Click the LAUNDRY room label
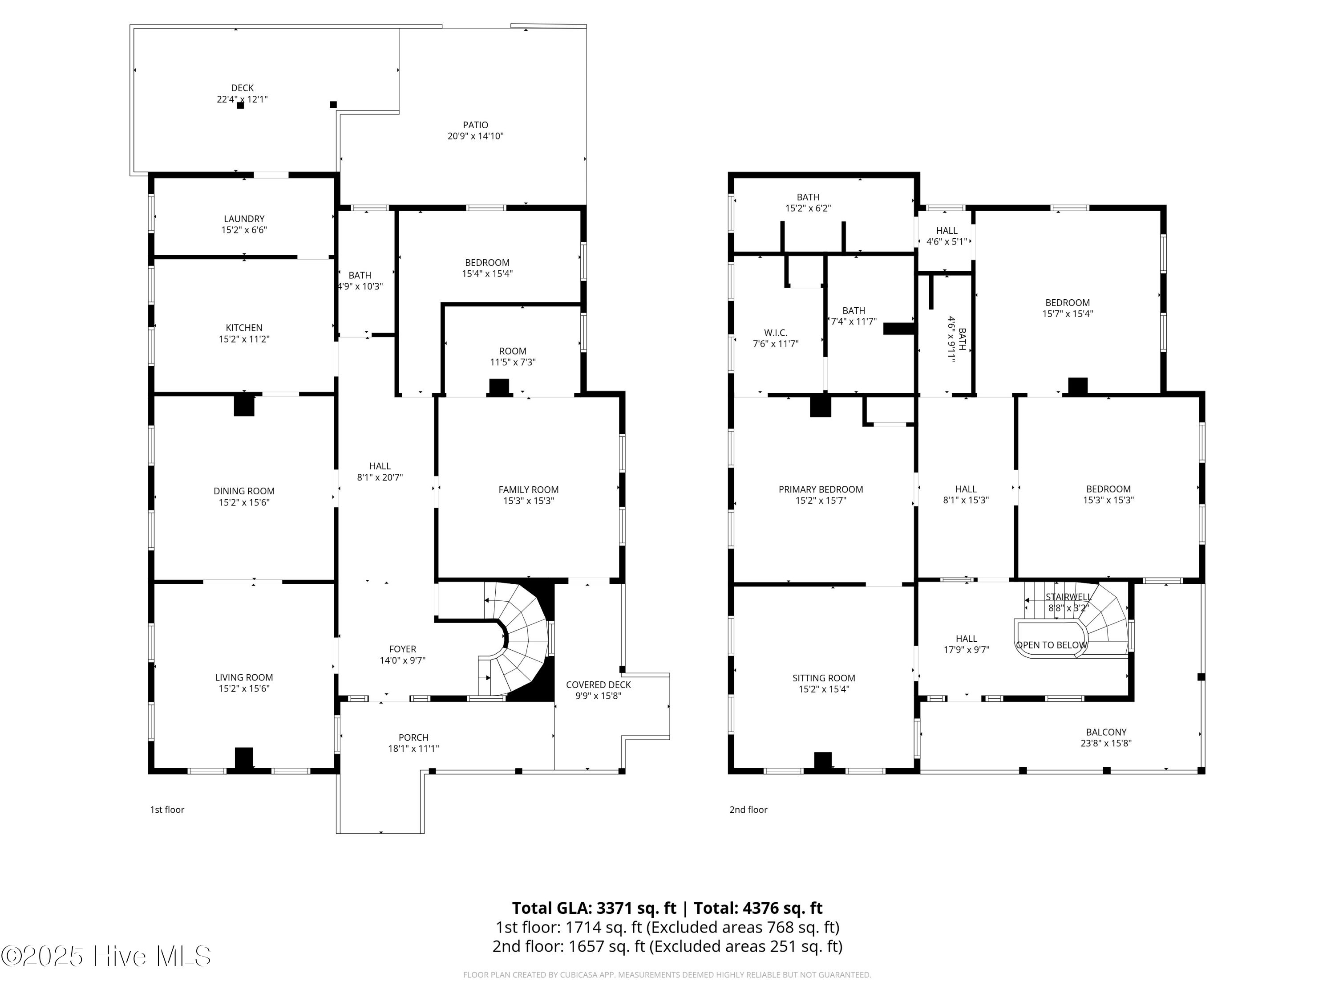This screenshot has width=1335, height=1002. coord(244,219)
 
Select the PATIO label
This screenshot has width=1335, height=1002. coord(476,125)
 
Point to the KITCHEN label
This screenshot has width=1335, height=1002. coord(244,328)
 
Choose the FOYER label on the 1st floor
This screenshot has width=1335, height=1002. coord(403,649)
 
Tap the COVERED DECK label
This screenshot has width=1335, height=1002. coord(598,684)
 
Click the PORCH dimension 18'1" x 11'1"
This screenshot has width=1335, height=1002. coord(413,748)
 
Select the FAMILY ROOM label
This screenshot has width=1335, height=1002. coord(528,490)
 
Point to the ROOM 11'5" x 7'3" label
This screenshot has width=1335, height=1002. coord(512,351)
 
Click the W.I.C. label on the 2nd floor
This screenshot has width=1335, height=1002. coord(776,333)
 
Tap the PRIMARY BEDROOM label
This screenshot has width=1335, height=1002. coord(821,489)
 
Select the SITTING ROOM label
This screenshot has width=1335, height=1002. coord(824,678)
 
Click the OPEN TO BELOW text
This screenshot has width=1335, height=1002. coord(1052,645)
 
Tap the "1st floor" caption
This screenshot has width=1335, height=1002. coord(167,809)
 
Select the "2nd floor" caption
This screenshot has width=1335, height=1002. coord(748,809)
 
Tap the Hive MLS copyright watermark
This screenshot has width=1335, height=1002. coord(105,956)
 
